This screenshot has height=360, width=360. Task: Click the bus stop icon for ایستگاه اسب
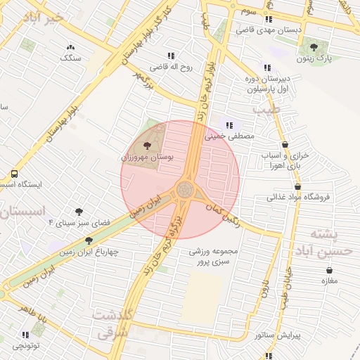pyautogui.click(x=14, y=174)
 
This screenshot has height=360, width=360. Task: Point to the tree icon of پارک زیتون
pyautogui.click(x=314, y=47)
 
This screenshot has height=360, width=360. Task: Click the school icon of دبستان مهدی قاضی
pyautogui.click(x=269, y=20)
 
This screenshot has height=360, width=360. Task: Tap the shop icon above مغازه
pyautogui.click(x=330, y=270)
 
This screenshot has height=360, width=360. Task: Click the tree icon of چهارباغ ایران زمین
pyautogui.click(x=89, y=240)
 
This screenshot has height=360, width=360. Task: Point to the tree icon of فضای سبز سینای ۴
pyautogui.click(x=79, y=211)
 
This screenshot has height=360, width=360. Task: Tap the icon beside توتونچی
pyautogui.click(x=26, y=335)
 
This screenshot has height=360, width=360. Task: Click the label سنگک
pyautogui.click(x=71, y=58)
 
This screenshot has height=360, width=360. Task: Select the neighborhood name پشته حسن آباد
pyautogui.click(x=325, y=243)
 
